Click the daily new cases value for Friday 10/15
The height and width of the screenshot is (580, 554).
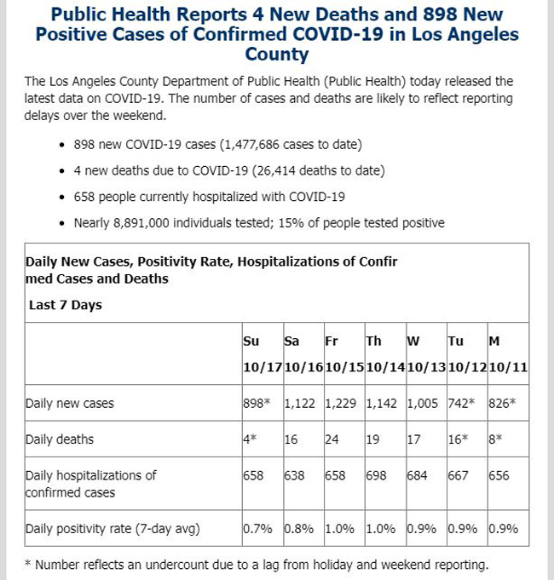tap(340, 403)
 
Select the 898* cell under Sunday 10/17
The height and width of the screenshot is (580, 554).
tap(257, 403)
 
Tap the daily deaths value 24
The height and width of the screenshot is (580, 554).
tap(332, 439)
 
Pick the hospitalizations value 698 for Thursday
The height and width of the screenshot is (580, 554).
tap(376, 475)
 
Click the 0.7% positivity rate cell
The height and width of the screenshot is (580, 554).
tap(257, 529)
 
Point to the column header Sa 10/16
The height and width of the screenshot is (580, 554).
tap(303, 354)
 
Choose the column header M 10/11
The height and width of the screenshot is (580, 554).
tap(508, 354)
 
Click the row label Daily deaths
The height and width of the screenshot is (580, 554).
tap(60, 439)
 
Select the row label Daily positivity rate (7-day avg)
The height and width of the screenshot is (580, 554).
tap(113, 529)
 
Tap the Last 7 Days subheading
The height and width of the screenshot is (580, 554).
tap(66, 305)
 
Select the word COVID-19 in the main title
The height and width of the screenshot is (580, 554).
tap(338, 34)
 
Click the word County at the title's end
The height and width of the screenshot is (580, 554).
tap(277, 54)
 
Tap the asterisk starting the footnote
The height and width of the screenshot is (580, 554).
tap(28, 564)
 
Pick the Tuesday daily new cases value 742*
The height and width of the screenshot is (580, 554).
tap(461, 403)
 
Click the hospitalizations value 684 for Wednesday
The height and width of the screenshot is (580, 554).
tap(417, 475)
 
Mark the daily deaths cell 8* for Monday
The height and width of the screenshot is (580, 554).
tap(495, 439)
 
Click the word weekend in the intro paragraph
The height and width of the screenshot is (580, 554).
tap(140, 116)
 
